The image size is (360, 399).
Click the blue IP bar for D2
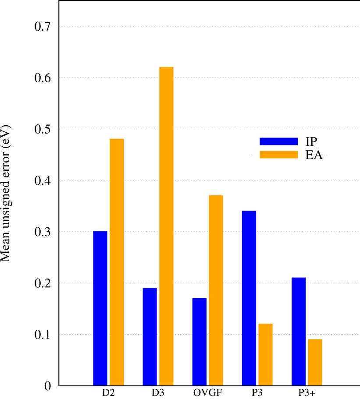click(100, 308)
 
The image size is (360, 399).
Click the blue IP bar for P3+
click(298, 332)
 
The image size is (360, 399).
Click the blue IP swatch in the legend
click(278, 141)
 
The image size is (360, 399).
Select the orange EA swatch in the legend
click(278, 155)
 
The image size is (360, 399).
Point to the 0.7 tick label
click(43, 27)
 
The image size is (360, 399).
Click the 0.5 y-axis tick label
click(43, 129)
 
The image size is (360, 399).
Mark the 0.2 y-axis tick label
click(43, 283)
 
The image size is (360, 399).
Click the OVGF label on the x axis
click(207, 393)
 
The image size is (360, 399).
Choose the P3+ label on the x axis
click(307, 393)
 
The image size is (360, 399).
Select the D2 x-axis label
click(108, 393)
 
